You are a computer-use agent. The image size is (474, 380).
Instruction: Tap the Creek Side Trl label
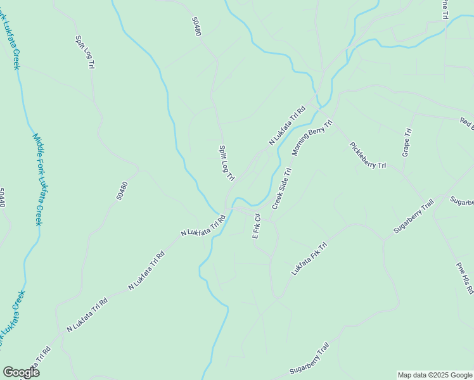click(x=282, y=189)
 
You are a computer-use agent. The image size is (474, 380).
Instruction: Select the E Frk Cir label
click(x=257, y=225)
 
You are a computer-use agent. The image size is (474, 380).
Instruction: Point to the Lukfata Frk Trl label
click(x=309, y=258)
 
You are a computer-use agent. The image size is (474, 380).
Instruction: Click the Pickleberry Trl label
click(x=368, y=155)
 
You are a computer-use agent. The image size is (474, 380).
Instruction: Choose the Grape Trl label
click(x=407, y=142)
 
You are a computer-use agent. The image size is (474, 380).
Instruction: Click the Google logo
click(x=21, y=372)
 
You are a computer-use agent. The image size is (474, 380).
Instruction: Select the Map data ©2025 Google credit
click(x=435, y=375)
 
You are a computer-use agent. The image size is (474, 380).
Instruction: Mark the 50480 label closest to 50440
click(x=122, y=191)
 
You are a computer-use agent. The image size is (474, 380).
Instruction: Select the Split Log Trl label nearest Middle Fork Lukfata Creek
click(x=86, y=51)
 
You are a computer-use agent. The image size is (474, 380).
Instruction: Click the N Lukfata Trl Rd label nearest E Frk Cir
click(x=203, y=225)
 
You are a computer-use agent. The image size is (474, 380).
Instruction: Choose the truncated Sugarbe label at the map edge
click(x=462, y=202)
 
